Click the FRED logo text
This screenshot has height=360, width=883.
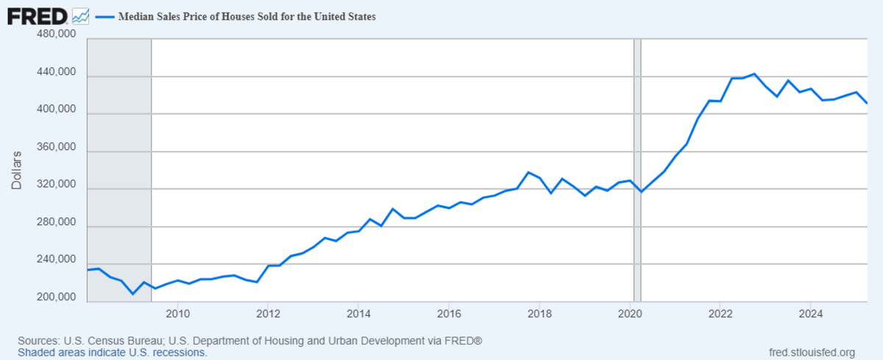(x=38, y=15)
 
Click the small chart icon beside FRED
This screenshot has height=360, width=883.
(x=81, y=15)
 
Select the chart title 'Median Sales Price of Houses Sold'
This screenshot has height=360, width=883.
(x=247, y=17)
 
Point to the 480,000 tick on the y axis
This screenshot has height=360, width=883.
(x=57, y=35)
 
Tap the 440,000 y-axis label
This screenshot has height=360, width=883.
(x=57, y=72)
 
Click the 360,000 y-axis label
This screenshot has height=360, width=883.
(x=57, y=147)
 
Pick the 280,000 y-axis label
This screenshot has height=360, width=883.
(x=57, y=222)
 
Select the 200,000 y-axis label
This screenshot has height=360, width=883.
(x=57, y=297)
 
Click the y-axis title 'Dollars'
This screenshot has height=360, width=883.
(x=17, y=169)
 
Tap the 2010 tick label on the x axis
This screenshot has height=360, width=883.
(x=177, y=312)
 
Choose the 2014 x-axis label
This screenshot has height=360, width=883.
(x=358, y=312)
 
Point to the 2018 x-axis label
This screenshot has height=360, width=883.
(x=539, y=312)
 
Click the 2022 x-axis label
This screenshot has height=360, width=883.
(x=720, y=312)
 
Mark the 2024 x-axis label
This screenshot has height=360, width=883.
(x=810, y=312)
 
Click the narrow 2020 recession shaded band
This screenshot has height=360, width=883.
(x=637, y=169)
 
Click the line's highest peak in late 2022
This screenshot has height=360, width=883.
(x=754, y=74)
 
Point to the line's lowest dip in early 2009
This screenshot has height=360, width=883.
(x=133, y=294)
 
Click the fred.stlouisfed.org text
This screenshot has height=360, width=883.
(x=811, y=352)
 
